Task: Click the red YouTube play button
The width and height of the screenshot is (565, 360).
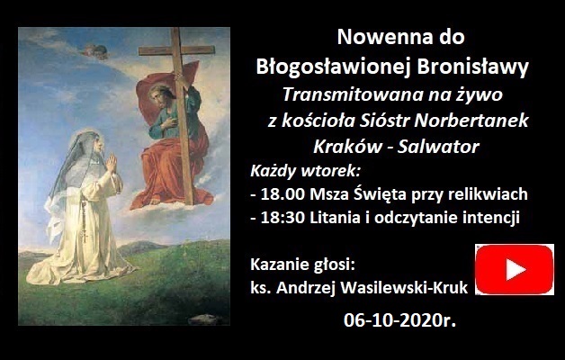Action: (x=515, y=269)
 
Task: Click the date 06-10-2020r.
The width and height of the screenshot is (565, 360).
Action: (x=400, y=320)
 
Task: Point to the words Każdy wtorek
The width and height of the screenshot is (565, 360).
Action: (x=305, y=171)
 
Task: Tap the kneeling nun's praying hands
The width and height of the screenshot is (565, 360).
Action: (x=112, y=163)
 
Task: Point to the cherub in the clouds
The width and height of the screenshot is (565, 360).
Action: (x=95, y=51)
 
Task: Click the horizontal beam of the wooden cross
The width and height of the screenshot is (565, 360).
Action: (x=176, y=50)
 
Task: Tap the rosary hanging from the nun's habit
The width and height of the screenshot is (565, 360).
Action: (x=85, y=220)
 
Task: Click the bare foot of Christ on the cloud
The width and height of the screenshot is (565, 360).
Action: (x=155, y=201)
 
